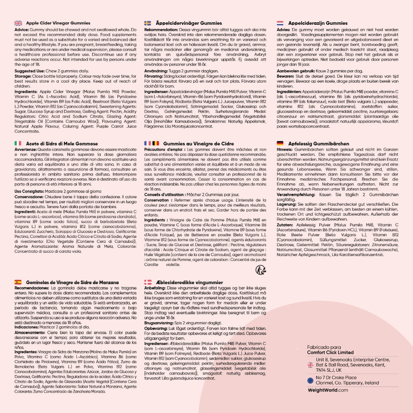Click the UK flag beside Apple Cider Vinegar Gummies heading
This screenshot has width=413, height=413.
(18, 23)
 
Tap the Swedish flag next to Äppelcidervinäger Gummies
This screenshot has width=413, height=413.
(147, 23)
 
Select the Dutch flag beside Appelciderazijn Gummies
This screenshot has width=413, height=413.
(280, 23)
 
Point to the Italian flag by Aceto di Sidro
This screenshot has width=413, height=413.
(18, 143)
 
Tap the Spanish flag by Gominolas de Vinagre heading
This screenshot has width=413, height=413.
(18, 282)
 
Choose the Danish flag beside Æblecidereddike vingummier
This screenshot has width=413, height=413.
(147, 282)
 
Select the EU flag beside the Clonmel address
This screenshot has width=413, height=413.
(311, 380)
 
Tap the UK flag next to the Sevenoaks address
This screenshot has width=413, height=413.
(311, 365)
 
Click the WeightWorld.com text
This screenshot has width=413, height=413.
(328, 390)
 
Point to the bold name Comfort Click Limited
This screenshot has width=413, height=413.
(330, 352)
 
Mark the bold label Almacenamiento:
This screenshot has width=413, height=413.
(30, 332)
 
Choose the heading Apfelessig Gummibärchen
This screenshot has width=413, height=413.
(318, 143)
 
